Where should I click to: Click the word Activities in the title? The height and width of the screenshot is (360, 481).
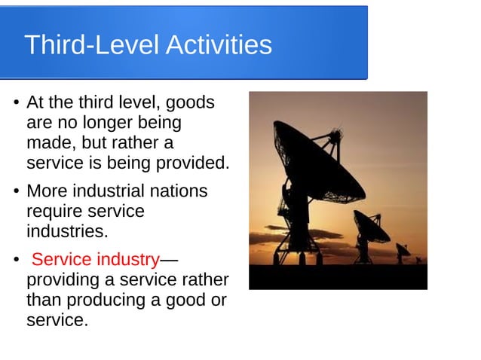[x=218, y=45]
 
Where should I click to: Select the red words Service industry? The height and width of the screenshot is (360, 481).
[x=95, y=261]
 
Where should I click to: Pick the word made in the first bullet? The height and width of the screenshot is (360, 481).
[x=46, y=142]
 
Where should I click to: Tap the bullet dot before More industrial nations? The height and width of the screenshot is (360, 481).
[x=15, y=192]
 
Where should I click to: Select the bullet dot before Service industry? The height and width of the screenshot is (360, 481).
[x=15, y=261]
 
